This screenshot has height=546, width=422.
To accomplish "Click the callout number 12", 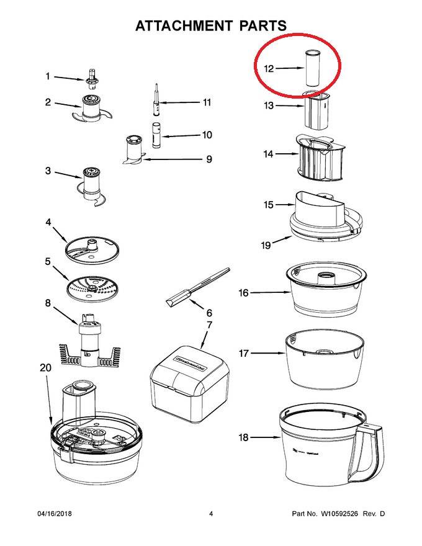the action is click(269, 69).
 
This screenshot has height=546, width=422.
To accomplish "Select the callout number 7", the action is click(209, 325).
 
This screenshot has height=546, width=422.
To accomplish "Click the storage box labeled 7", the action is click(190, 378).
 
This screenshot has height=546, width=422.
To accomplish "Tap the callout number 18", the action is click(243, 437).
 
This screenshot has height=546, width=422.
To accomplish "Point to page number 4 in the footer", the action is click(211, 514).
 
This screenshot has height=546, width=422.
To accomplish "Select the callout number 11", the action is click(207, 102).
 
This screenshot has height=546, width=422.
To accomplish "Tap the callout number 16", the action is click(244, 292).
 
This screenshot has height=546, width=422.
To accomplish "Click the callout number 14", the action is click(268, 154).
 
